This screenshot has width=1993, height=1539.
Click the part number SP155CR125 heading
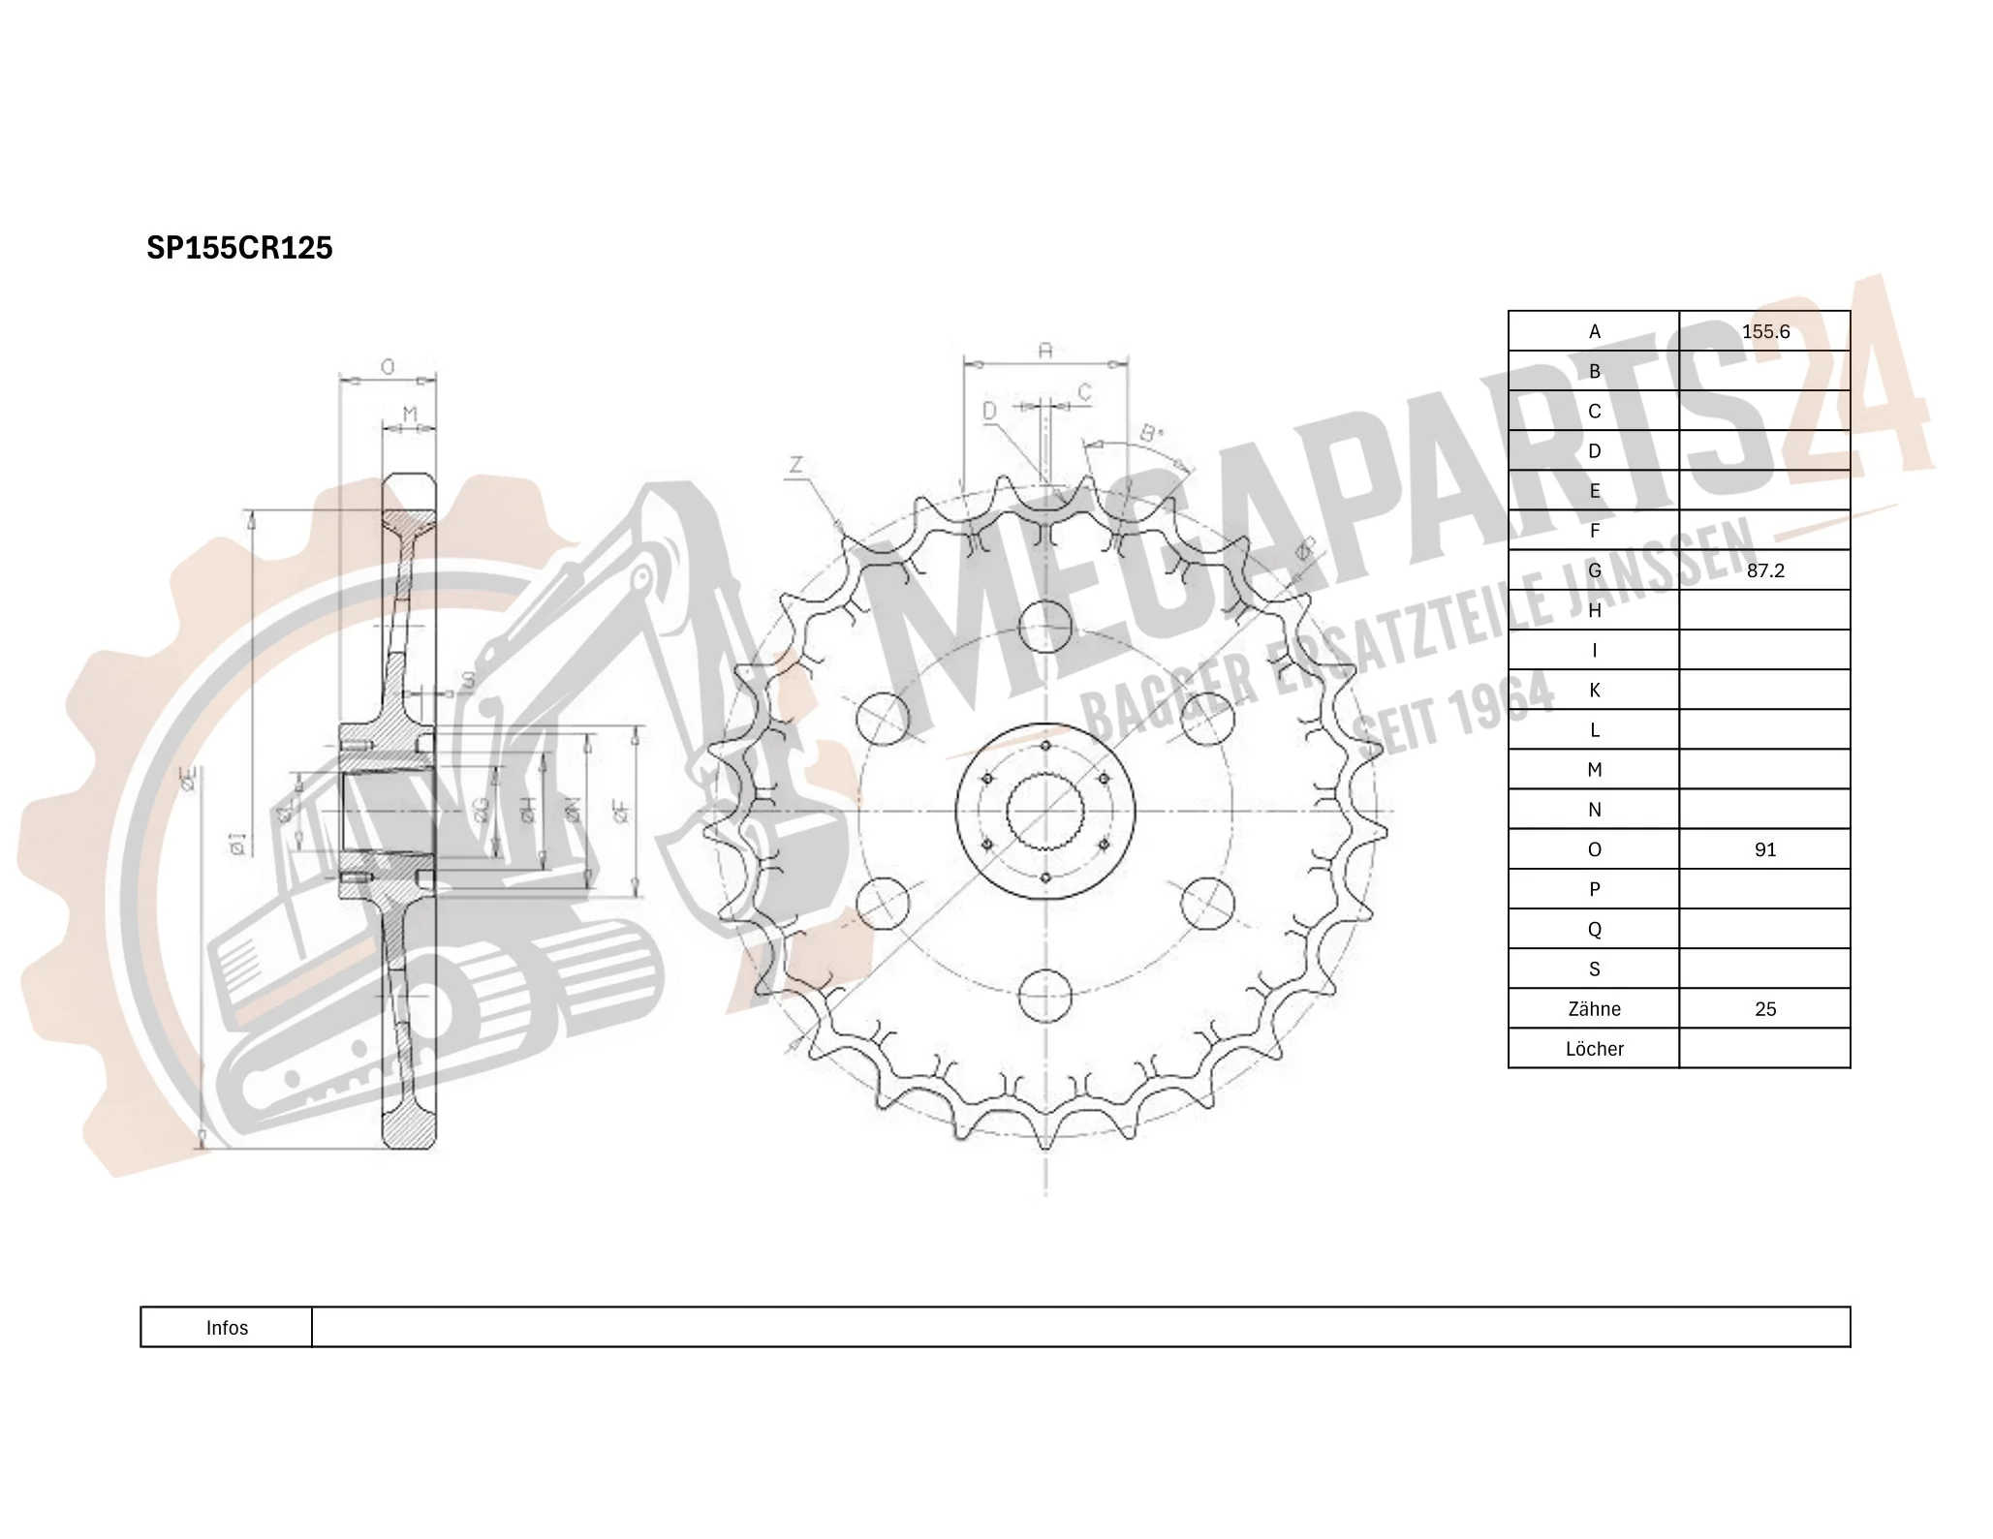[x=239, y=248]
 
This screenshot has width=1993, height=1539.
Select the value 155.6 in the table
[x=1764, y=331]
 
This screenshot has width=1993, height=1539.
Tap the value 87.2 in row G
[x=1764, y=570]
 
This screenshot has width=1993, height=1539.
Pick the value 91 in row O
[x=1764, y=849]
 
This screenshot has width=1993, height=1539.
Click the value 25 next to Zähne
[x=1764, y=1009]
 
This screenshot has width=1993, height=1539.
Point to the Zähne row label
[x=1593, y=1009]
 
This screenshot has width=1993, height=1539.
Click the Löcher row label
[x=1593, y=1049]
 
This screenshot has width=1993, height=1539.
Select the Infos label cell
[x=227, y=1328]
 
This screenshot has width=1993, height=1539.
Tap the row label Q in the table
[x=1593, y=930]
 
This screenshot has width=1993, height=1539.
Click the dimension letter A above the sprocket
[x=1044, y=351]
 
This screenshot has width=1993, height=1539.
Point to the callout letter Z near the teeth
[x=795, y=466]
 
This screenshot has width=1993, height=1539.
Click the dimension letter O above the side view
[x=388, y=367]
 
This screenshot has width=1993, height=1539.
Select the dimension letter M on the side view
[x=409, y=415]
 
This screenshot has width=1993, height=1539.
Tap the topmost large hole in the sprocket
[x=1045, y=626]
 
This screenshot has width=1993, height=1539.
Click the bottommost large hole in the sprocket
[x=1045, y=995]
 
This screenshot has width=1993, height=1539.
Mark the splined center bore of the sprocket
[x=1045, y=811]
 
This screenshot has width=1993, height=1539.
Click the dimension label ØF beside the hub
[x=621, y=811]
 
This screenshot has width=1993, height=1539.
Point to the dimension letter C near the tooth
[x=1084, y=392]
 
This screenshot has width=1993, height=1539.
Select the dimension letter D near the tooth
[x=989, y=412]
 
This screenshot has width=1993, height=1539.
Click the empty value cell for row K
[x=1764, y=691]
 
